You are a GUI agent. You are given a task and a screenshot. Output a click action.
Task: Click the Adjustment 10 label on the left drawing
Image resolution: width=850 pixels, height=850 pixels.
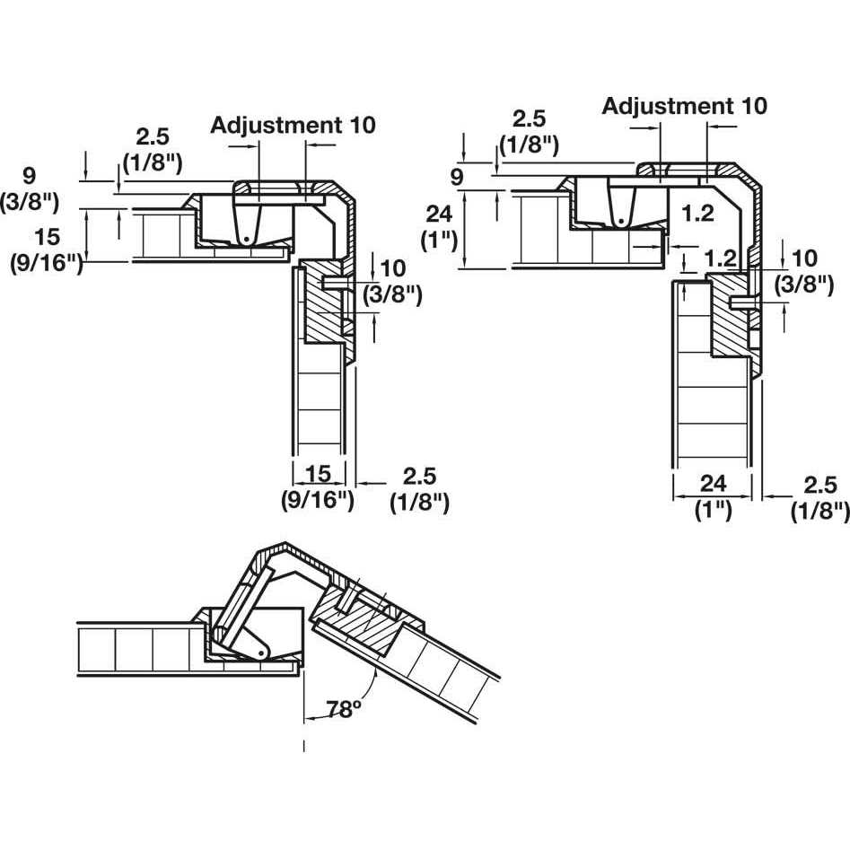coord(293,125)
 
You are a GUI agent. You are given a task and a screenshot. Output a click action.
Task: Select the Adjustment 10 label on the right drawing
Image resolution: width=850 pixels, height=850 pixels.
coord(684,106)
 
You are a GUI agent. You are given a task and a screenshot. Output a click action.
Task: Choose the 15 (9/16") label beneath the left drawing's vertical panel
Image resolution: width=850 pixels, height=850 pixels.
coord(318,487)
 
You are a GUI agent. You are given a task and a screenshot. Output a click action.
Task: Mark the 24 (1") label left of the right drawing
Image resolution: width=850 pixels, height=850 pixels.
coord(440,229)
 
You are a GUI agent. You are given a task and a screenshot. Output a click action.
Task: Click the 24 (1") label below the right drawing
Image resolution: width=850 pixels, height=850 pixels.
coord(713,496)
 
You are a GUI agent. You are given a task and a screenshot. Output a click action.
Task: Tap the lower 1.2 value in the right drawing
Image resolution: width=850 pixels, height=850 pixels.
coord(718,259)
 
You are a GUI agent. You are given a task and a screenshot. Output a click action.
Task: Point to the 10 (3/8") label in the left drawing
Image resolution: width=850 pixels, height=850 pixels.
coord(391,280)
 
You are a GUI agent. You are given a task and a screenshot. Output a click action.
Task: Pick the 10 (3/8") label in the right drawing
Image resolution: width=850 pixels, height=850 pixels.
coord(804,272)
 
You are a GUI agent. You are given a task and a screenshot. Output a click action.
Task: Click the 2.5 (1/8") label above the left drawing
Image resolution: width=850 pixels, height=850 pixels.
coord(159,149)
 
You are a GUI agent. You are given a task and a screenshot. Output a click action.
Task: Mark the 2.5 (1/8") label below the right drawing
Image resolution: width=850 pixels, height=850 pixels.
coord(819,497)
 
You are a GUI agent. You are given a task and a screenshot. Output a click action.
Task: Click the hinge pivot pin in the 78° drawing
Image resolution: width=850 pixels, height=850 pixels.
coord(260,648)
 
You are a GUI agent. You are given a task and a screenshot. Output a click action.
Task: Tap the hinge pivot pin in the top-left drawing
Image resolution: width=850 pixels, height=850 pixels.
coord(244,238)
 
